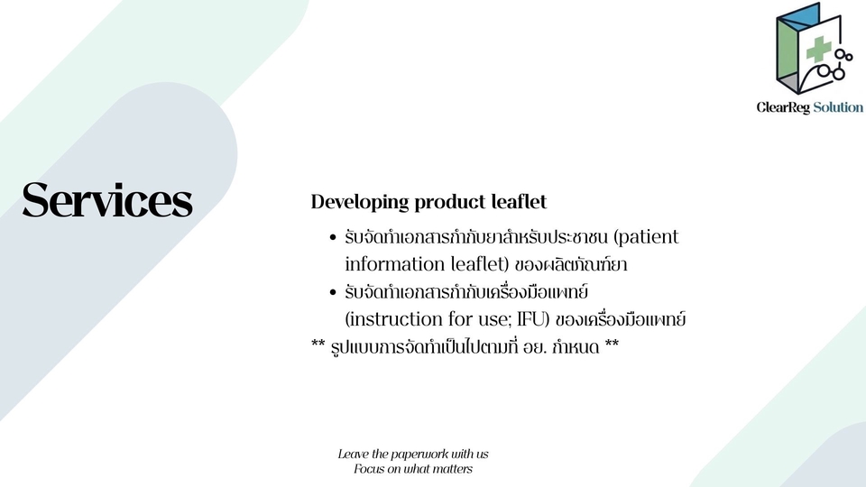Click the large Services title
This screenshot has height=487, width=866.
point(107,200)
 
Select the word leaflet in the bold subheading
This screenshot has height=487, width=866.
point(520,201)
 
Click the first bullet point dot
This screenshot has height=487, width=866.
point(333,238)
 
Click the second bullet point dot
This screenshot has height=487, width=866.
point(333,292)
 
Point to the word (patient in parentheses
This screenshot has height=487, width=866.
point(646,237)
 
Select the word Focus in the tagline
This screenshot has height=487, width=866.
point(368,469)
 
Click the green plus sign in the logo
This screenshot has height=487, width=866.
point(818,49)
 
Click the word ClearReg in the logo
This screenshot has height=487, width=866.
point(783,107)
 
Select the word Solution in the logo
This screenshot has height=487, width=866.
point(838,107)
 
